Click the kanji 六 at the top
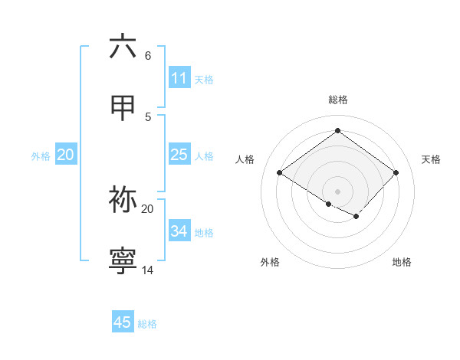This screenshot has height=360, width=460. tap(123, 47)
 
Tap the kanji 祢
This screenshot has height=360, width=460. tap(123, 200)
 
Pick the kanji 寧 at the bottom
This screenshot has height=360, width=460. tap(123, 261)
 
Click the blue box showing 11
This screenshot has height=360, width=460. tap(179, 78)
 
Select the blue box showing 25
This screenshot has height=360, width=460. tap(179, 155)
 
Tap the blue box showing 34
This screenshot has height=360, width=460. tap(179, 231)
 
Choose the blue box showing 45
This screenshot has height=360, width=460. tap(123, 322)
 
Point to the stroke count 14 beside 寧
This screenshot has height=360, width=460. tap(148, 270)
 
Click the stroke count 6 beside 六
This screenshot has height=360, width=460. tap(148, 56)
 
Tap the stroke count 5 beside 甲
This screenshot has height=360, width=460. tap(148, 116)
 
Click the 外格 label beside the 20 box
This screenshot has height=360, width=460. tap(41, 156)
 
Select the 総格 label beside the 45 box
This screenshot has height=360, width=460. tap(147, 324)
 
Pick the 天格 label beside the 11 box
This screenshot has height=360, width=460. tap(204, 80)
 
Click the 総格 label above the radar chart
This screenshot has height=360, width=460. tap(338, 100)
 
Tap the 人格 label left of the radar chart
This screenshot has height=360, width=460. tap(245, 159)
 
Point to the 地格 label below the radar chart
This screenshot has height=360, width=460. tap(402, 262)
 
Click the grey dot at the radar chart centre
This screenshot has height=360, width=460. tap(337, 191)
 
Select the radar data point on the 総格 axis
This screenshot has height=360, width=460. tap(337, 131)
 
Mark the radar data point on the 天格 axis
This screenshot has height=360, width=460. tap(396, 173)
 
